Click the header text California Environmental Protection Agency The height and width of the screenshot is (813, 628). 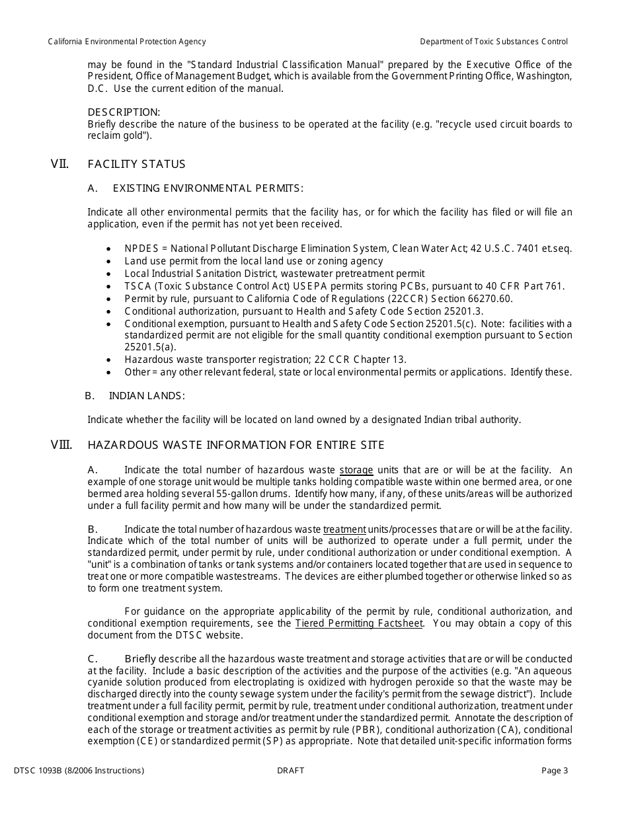click(x=127, y=42)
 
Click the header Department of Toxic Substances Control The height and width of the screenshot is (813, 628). click(x=494, y=42)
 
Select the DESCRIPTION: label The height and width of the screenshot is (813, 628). click(x=124, y=112)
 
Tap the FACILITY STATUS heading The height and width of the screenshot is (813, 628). click(x=137, y=164)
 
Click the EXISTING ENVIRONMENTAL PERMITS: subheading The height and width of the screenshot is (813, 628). click(x=208, y=188)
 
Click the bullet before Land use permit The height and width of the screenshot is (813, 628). click(x=109, y=261)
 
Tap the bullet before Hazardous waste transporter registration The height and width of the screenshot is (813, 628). click(x=109, y=360)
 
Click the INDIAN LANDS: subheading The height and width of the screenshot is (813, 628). click(x=147, y=396)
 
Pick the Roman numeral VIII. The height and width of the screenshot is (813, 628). click(x=61, y=445)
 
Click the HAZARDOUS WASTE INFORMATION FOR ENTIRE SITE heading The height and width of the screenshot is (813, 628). click(x=236, y=445)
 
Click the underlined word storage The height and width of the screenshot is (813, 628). click(x=356, y=470)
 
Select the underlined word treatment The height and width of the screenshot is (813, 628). click(x=344, y=529)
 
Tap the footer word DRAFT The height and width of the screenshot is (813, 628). click(x=291, y=771)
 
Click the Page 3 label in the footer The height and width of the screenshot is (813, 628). click(x=555, y=771)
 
